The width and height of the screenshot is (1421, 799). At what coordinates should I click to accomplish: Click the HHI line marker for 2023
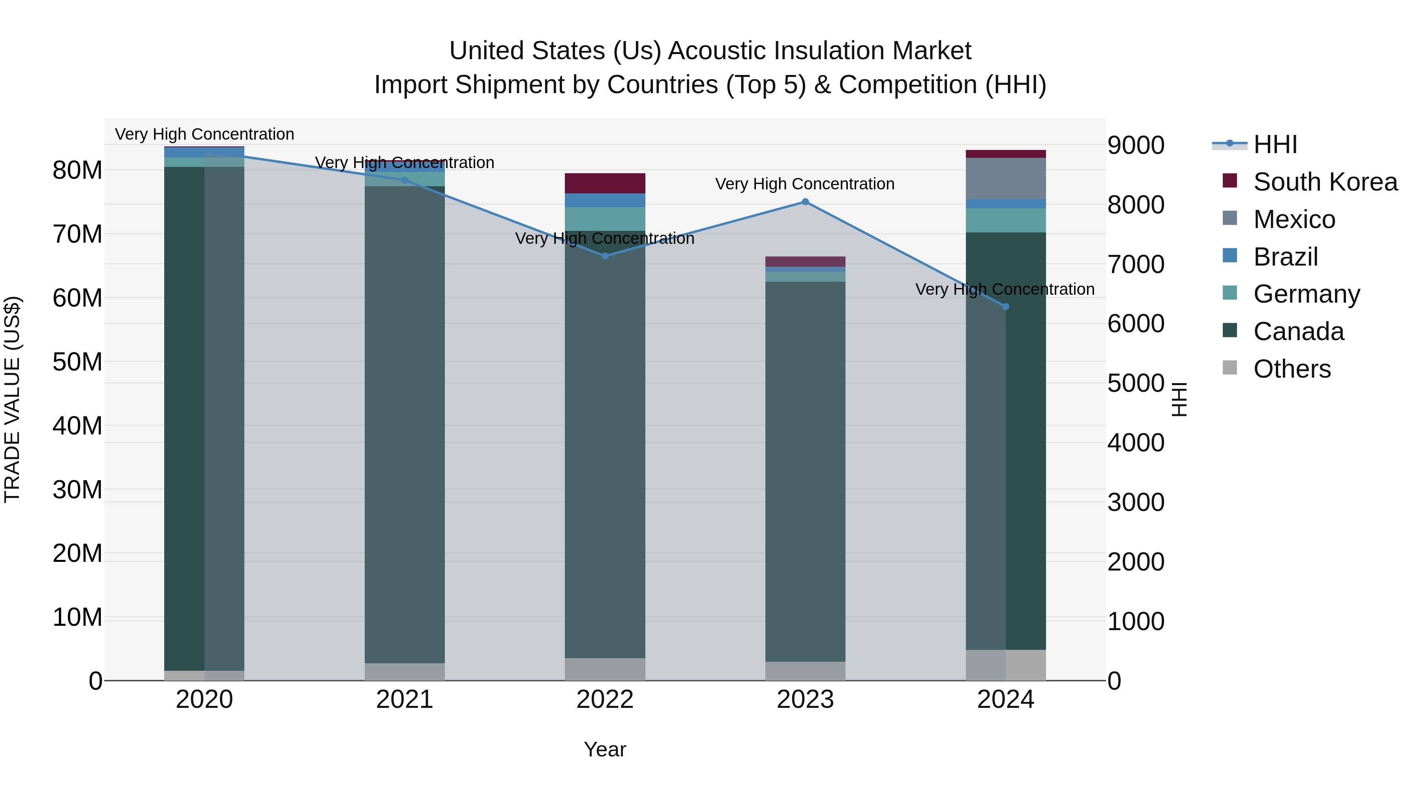[x=805, y=202]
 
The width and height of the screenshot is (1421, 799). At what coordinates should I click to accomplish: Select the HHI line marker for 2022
[x=605, y=256]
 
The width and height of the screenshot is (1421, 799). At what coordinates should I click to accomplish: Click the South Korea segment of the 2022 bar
[x=605, y=183]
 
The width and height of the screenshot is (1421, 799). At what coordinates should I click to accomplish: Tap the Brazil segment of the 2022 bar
[x=605, y=200]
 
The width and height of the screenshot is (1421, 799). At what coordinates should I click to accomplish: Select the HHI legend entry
[x=1275, y=144]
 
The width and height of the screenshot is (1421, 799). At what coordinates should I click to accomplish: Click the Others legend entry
[x=1292, y=369]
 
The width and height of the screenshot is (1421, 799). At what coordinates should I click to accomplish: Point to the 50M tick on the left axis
[x=77, y=362]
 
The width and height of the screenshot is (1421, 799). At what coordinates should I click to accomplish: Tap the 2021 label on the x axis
[x=404, y=700]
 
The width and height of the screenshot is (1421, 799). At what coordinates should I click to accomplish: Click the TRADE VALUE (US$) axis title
[x=12, y=399]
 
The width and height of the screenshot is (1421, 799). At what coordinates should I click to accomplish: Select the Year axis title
[x=605, y=749]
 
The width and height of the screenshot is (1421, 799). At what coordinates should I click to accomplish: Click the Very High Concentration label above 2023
[x=805, y=183]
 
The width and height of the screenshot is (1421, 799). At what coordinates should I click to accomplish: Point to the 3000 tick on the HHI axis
[x=1136, y=502]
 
